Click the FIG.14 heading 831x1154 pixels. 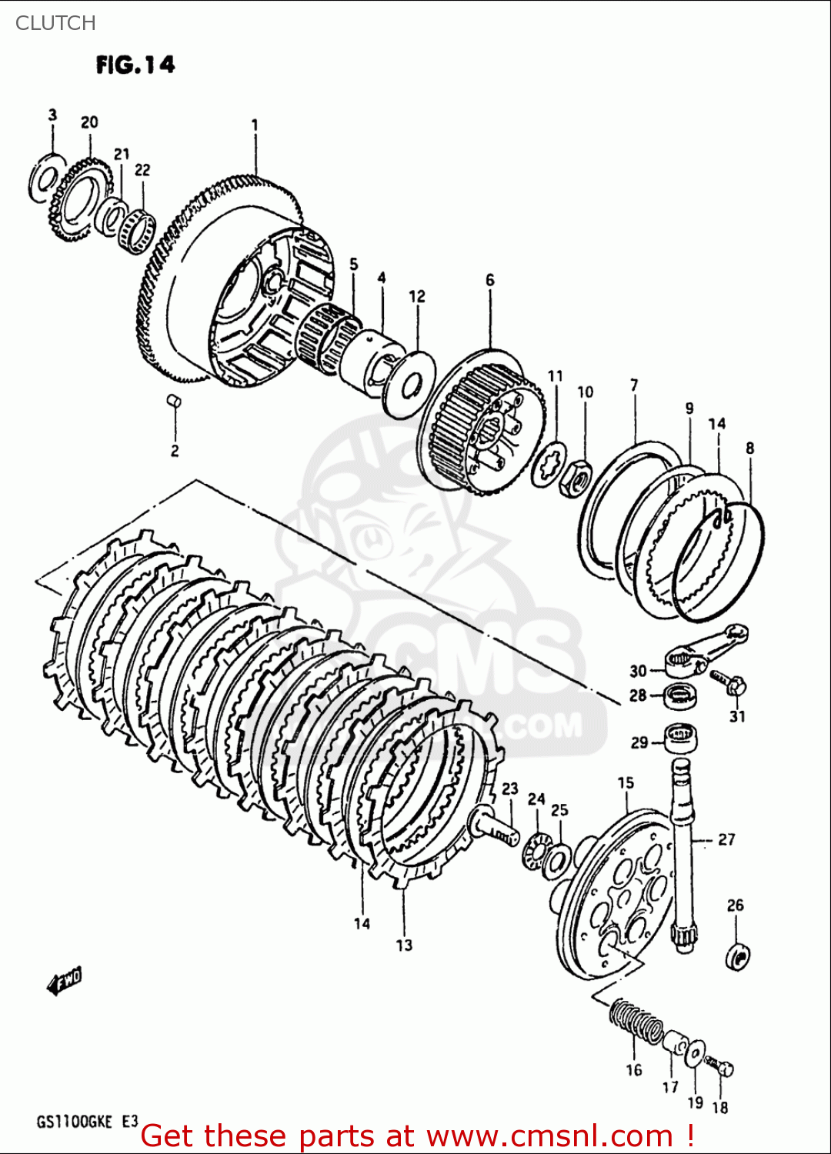135,65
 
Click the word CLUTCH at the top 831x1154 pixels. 55,23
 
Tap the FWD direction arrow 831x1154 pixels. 65,981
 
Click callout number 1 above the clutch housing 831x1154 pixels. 254,125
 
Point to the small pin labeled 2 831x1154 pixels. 174,400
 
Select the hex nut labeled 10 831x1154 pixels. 575,479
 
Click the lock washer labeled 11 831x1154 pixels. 549,464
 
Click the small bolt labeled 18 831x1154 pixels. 722,1067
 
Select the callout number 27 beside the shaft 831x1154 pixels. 726,839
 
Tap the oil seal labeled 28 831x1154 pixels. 680,695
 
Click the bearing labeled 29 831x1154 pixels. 681,739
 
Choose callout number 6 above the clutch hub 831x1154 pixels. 489,280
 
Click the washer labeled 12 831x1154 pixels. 409,385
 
